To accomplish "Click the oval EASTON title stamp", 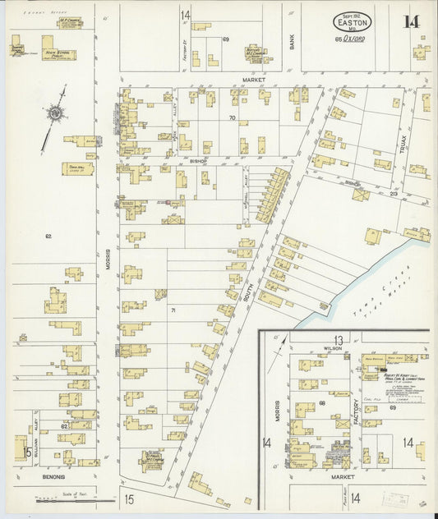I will (352, 21).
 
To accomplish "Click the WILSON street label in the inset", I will (331, 348).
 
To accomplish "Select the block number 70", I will (232, 118).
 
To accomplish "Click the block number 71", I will (173, 310).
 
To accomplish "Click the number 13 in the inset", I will (337, 340).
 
